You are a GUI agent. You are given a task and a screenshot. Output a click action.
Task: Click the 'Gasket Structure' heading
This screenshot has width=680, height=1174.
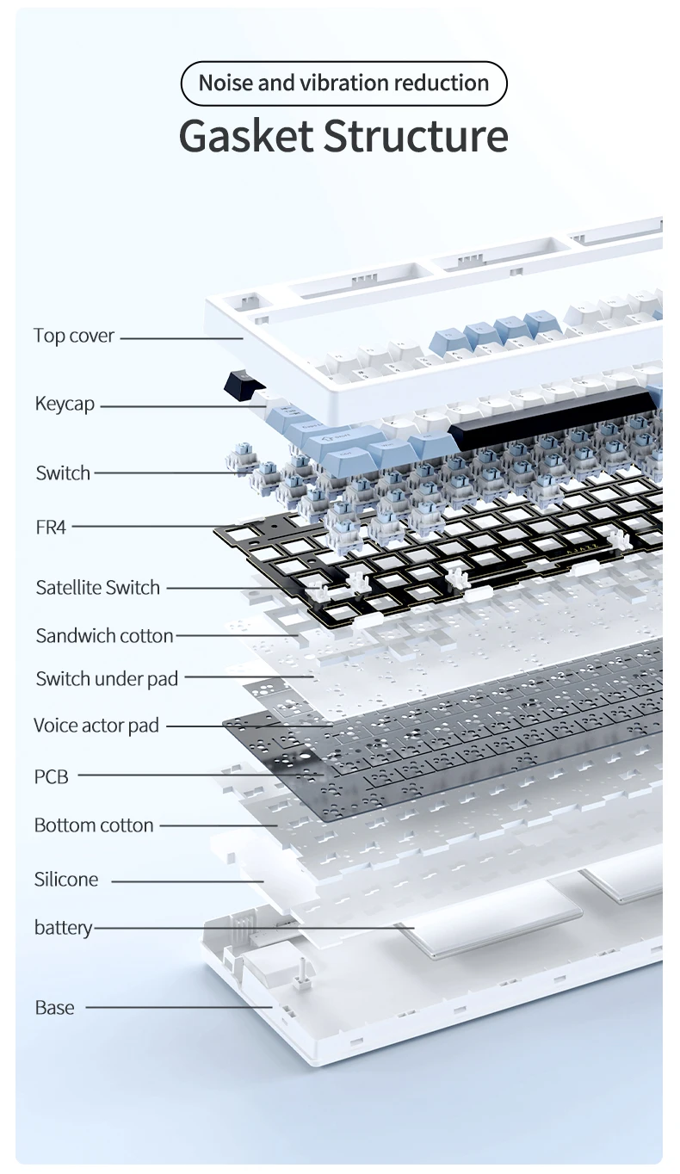click(343, 137)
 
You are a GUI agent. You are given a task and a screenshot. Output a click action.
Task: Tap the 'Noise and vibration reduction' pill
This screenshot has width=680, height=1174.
click(343, 83)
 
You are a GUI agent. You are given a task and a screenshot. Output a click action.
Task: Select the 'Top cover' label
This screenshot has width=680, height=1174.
click(74, 336)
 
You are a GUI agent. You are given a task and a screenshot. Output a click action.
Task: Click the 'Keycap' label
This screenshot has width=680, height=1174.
click(65, 404)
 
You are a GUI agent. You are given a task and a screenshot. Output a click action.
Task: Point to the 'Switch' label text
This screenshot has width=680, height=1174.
click(63, 473)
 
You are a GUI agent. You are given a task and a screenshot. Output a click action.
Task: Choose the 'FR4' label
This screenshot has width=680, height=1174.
click(51, 527)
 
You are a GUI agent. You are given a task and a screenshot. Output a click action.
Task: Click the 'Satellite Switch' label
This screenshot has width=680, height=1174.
click(98, 588)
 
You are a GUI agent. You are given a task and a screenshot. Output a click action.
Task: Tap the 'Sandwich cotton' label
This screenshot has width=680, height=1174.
click(104, 636)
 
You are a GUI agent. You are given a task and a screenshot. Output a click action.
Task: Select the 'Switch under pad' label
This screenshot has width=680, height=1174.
click(107, 678)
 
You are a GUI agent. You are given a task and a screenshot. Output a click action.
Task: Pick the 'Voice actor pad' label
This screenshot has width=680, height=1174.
click(96, 726)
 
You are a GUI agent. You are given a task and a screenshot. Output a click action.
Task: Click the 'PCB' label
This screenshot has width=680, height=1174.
click(51, 776)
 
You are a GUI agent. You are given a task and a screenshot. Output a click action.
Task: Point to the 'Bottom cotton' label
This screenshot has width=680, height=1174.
click(94, 825)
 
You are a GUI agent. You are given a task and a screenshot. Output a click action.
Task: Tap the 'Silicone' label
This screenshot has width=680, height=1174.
click(66, 880)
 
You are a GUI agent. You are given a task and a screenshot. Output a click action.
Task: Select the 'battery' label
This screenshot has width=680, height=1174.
click(63, 928)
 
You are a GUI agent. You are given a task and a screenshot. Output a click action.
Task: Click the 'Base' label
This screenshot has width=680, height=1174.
click(54, 1008)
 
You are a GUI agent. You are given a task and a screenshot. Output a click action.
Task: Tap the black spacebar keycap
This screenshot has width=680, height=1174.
click(551, 416)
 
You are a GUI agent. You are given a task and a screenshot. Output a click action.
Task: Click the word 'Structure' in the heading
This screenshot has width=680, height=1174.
click(416, 137)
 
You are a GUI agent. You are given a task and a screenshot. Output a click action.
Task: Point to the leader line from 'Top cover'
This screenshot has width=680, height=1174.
click(181, 338)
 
